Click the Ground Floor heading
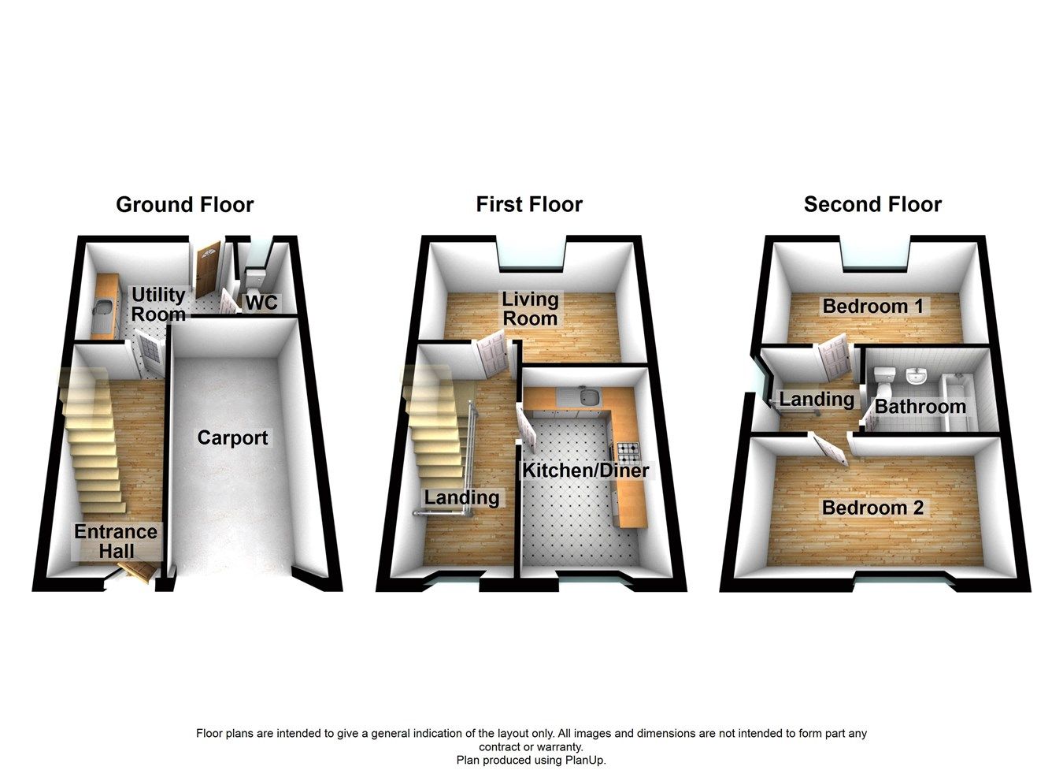[184, 205]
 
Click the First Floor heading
[529, 205]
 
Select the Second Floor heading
[872, 205]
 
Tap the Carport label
[232, 438]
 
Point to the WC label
[261, 303]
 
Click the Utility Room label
[158, 304]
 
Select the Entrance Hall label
[116, 541]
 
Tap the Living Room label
[530, 309]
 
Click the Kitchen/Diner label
[586, 471]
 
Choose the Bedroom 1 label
[872, 306]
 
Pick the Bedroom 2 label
[872, 508]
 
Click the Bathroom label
[920, 407]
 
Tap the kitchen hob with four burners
[628, 452]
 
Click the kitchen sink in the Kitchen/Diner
[587, 397]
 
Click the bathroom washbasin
[915, 377]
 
